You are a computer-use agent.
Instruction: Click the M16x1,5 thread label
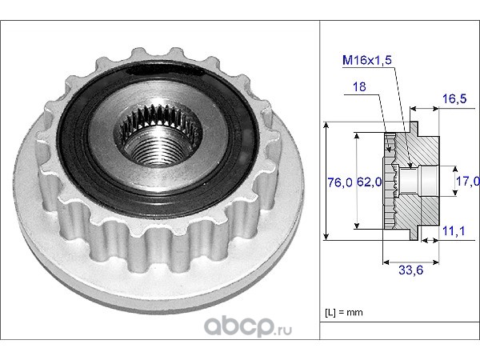click(367, 60)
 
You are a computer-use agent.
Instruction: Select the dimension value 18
click(359, 87)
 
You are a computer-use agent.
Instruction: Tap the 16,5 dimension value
click(454, 98)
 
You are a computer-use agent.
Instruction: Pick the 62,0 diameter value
click(370, 182)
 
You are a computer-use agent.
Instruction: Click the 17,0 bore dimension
click(468, 182)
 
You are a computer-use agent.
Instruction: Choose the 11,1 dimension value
click(454, 231)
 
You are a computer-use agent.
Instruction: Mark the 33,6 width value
click(411, 270)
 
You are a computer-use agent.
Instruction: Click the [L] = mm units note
click(344, 313)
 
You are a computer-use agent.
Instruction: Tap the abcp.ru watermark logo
click(248, 326)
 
